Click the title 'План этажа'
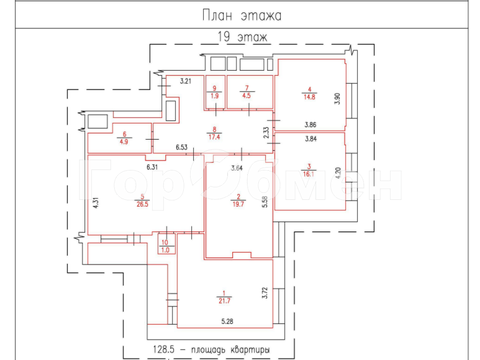242,16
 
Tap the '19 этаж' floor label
242,37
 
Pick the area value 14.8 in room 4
309,96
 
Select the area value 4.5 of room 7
247,96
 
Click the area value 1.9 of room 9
215,96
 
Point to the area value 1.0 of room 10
165,250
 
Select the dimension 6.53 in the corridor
181,147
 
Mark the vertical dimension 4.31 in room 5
96,205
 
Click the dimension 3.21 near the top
187,81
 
